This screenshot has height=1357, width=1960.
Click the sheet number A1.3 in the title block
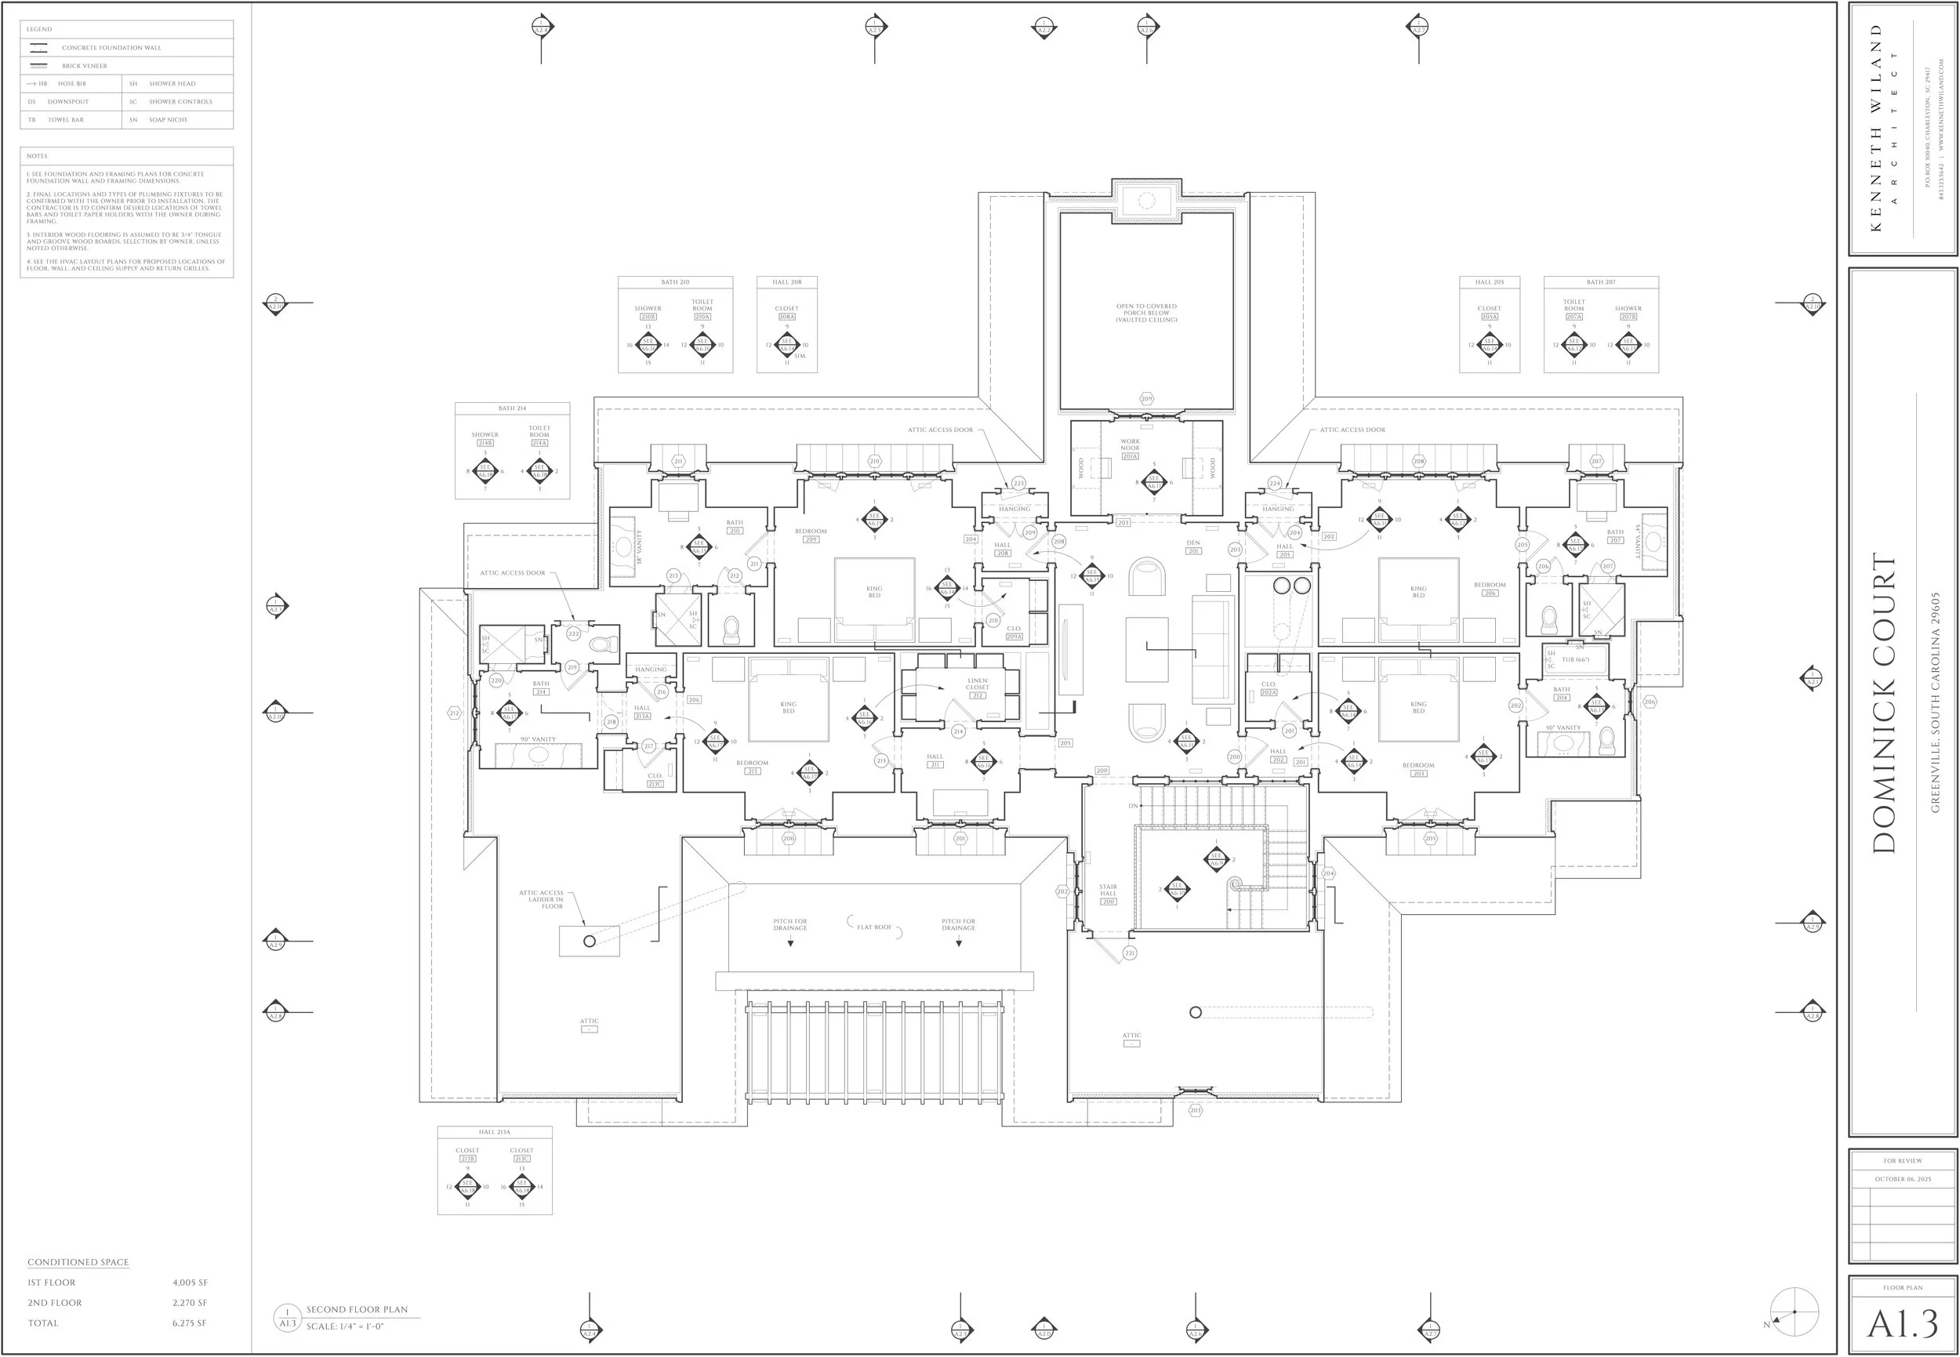(x=1902, y=1324)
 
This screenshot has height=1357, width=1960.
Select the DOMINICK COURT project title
(x=1884, y=703)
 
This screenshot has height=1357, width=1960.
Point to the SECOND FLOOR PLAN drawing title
(x=358, y=1309)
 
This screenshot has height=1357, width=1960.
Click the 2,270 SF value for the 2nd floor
(x=190, y=1303)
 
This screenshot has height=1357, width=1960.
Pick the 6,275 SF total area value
(x=190, y=1323)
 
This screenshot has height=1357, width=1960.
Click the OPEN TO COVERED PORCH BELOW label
(x=1146, y=313)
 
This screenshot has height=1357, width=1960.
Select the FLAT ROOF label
(x=874, y=927)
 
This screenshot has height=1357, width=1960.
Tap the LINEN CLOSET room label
(x=977, y=684)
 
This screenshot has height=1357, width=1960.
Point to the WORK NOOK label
(x=1130, y=444)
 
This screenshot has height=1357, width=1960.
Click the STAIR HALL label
(x=1108, y=891)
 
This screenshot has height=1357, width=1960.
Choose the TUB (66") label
(x=1576, y=660)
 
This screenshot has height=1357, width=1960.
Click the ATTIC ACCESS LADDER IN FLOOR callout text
(x=542, y=899)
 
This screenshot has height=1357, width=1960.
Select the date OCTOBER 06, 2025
(x=1903, y=1179)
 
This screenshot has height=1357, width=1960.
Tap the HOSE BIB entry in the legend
(x=72, y=83)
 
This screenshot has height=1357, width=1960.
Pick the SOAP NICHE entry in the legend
(x=169, y=120)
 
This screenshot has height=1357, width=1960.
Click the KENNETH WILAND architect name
(x=1877, y=128)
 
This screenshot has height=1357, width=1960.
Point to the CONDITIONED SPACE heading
(x=78, y=1263)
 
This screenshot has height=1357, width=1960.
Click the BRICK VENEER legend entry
(x=84, y=66)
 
